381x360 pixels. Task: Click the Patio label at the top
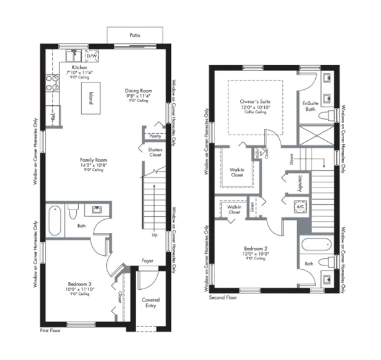click(134, 35)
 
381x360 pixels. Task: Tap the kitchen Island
click(91, 98)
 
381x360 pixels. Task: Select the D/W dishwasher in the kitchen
click(91, 55)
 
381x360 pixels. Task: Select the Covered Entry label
click(151, 303)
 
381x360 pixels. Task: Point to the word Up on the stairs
click(155, 234)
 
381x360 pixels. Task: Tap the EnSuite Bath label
click(310, 106)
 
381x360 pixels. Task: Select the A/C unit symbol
click(300, 205)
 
